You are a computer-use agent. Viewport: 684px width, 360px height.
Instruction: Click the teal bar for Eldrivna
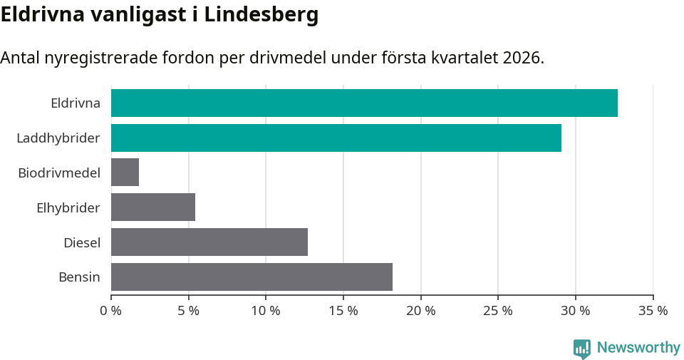click(x=364, y=103)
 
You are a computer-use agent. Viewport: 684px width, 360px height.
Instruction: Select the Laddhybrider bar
click(x=336, y=138)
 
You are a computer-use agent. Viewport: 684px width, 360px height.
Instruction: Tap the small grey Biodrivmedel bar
click(x=125, y=173)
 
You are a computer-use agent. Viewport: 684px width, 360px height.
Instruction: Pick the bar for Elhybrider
click(x=153, y=207)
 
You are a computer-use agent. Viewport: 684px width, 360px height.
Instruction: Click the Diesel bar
click(x=209, y=242)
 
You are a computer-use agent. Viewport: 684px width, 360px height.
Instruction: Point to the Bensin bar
click(x=252, y=277)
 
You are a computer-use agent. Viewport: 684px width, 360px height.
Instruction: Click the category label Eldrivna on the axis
click(x=76, y=103)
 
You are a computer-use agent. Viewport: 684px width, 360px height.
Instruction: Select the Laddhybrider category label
click(x=58, y=138)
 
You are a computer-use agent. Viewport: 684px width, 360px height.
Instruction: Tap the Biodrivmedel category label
click(x=59, y=173)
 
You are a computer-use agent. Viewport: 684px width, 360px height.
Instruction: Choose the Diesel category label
click(x=82, y=242)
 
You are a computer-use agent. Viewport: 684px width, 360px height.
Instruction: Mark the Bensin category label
click(x=79, y=277)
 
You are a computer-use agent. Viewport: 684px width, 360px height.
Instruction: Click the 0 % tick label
click(x=111, y=311)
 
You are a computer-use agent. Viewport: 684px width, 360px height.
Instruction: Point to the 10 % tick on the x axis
click(x=266, y=311)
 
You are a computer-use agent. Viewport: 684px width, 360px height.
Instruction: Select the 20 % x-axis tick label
click(x=420, y=311)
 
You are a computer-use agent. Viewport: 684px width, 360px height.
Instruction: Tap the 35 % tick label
click(x=653, y=311)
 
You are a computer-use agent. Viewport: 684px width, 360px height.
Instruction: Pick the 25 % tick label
click(x=498, y=311)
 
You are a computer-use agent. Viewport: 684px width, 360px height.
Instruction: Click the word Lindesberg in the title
click(x=261, y=15)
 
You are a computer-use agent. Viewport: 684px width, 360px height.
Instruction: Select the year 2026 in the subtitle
click(x=521, y=58)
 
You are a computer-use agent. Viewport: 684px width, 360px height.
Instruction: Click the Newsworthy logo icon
click(x=582, y=348)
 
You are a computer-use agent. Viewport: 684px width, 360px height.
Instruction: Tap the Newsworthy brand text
click(x=638, y=348)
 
